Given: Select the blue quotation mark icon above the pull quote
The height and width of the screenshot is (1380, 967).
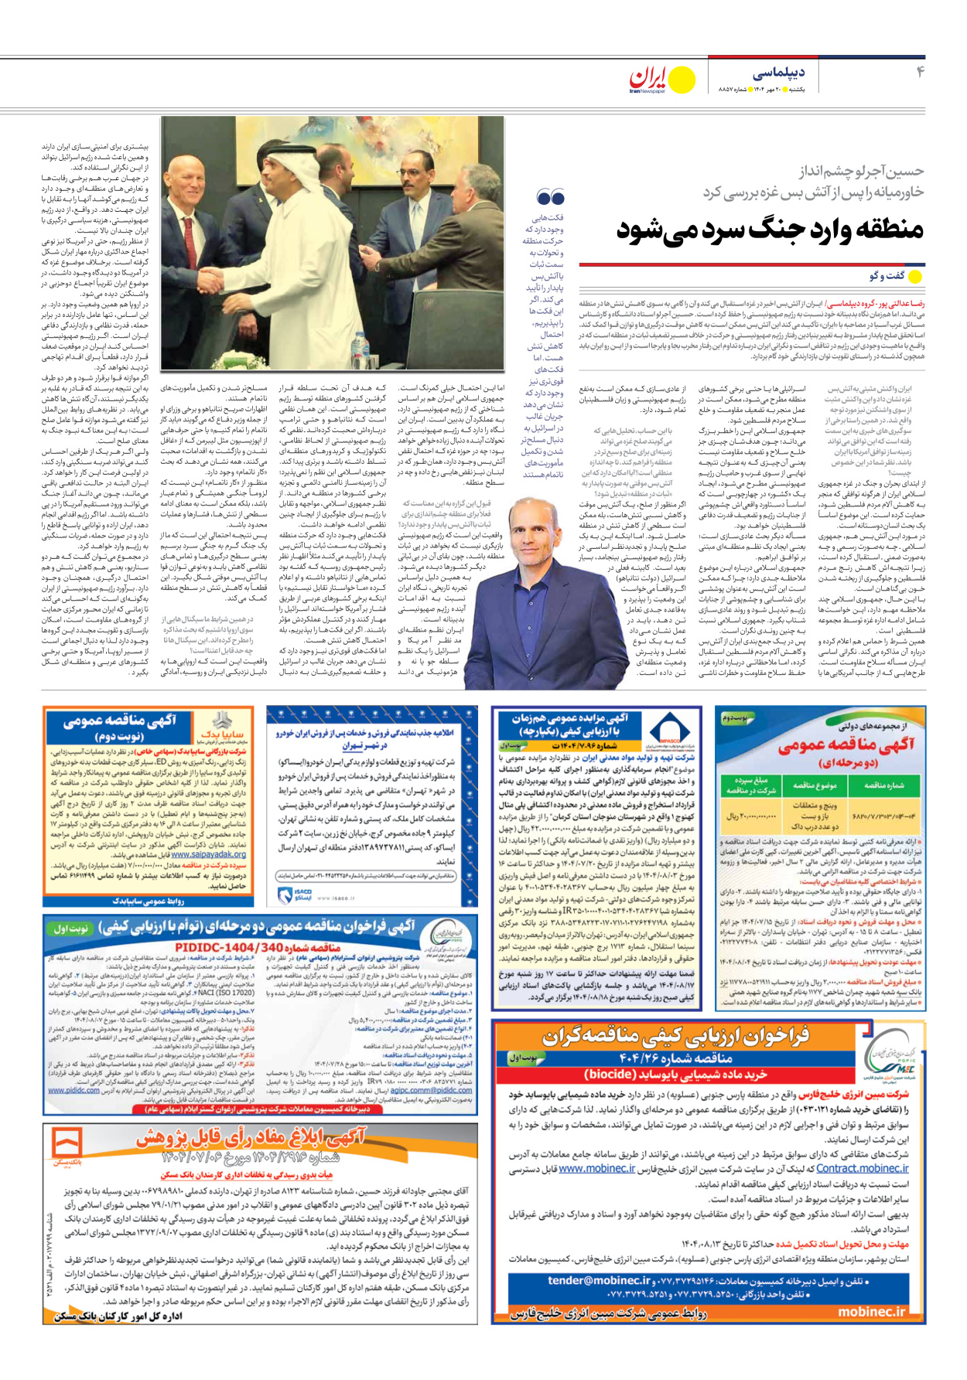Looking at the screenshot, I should [x=550, y=198].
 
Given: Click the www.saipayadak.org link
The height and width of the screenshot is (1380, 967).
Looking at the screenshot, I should [x=208, y=854].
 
